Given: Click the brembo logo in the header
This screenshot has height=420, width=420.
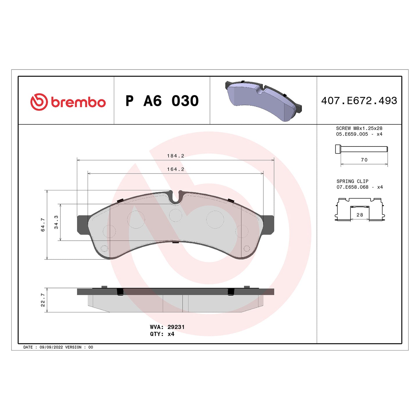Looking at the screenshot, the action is (68, 102).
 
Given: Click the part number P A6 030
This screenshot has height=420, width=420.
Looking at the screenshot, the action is (162, 101).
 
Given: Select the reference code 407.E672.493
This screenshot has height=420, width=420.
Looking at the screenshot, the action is (359, 101).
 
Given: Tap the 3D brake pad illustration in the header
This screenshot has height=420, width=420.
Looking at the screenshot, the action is (263, 101).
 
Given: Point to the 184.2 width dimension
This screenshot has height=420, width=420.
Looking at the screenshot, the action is (176, 156).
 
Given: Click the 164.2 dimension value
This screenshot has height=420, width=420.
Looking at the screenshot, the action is (176, 169).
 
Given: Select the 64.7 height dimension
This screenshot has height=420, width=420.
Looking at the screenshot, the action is (43, 224).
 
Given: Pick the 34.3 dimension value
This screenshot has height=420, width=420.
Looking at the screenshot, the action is (56, 222).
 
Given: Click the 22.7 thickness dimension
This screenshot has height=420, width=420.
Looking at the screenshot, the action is (43, 300).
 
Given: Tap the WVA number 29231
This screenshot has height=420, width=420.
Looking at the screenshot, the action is (176, 327).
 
